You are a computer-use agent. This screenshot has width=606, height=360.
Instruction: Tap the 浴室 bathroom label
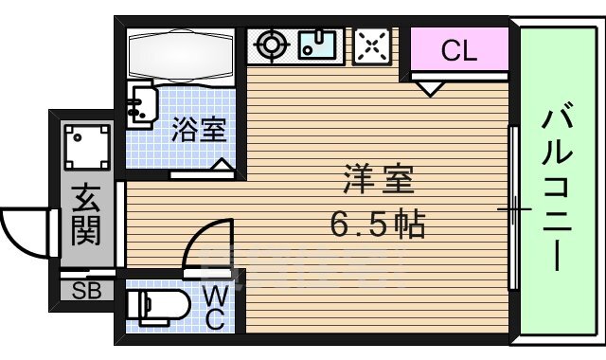tap(199, 131)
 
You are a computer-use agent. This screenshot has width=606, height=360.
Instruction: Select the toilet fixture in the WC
tap(151, 306)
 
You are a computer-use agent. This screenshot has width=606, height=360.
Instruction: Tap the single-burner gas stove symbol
tap(272, 45)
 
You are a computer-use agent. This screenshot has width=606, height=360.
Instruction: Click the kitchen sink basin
tap(319, 45)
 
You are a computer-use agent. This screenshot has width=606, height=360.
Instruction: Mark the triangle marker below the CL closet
tap(431, 89)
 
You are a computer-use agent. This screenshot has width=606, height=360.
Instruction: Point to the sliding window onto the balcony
tap(512, 208)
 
